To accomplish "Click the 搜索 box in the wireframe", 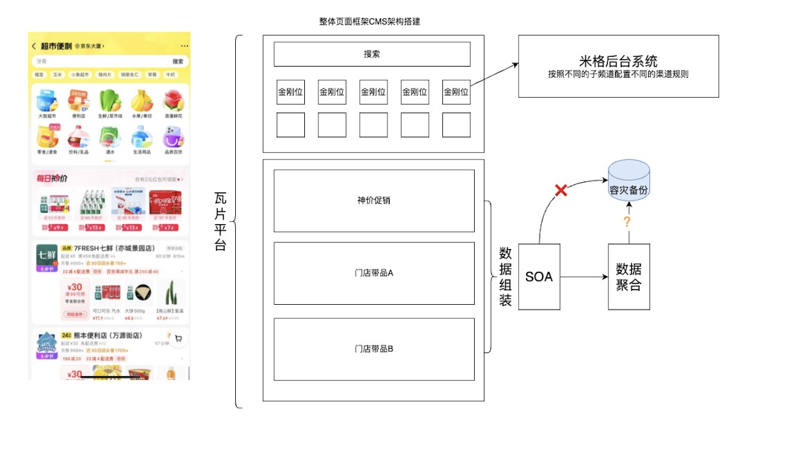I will [371, 54].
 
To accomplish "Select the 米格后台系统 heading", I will [618, 61].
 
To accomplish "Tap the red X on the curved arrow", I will [560, 191].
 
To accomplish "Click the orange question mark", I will [627, 222].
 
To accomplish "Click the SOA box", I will [539, 277].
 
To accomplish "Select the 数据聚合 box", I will [629, 277].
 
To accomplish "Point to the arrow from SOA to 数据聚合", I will [583, 277].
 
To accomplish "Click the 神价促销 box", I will [374, 200].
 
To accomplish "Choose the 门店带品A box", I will [374, 273].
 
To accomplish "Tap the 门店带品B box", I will [374, 349].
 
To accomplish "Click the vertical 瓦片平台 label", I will [220, 221].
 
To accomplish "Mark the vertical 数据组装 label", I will [505, 277].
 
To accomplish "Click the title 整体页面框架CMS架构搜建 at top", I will [370, 21].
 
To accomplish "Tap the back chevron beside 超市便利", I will [34, 46].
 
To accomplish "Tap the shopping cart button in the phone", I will [178, 338].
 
